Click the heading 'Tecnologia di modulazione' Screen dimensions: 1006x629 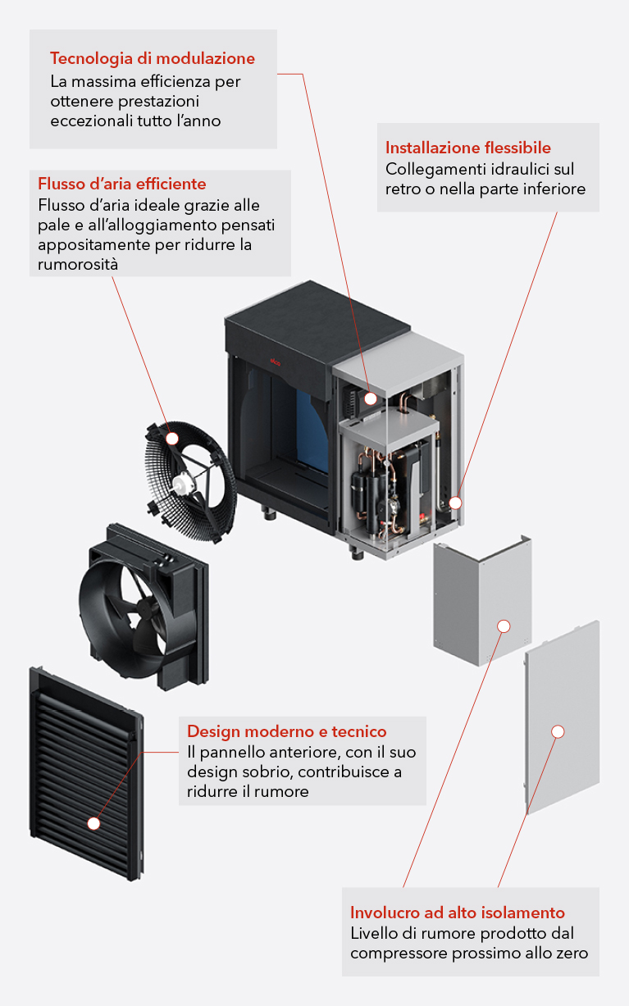152,58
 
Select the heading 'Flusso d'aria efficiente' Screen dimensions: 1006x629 122,183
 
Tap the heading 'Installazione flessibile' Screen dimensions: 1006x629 468,148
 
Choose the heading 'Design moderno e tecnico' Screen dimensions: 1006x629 287,731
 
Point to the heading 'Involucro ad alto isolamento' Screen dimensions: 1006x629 458,913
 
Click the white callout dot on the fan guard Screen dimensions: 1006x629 172,439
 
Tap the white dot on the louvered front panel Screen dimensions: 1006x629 93,822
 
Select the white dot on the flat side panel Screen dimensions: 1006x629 558,731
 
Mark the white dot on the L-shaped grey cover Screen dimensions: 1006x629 504,626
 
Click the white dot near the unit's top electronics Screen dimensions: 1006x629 371,398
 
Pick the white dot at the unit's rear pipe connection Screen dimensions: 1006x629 455,503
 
